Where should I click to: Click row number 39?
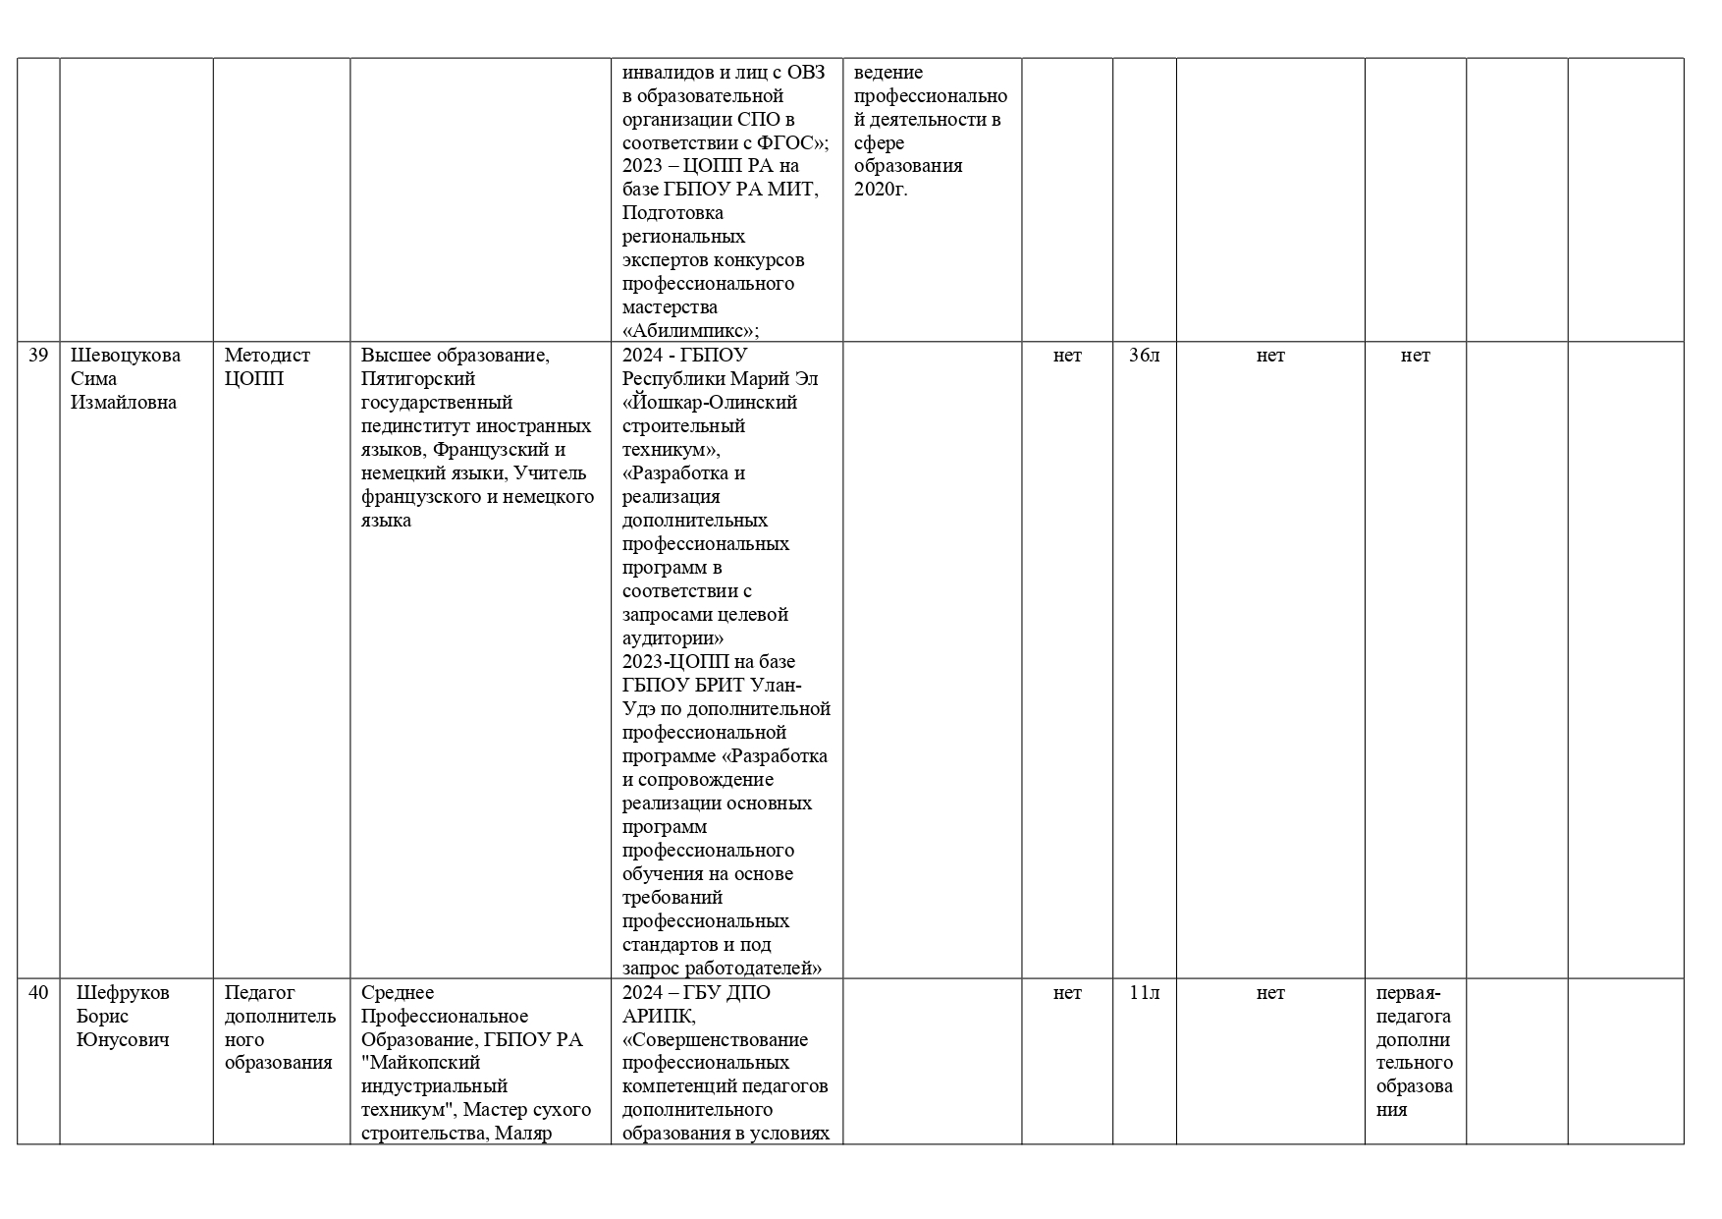click(38, 356)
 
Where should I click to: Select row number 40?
click(38, 993)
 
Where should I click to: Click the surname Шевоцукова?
click(126, 356)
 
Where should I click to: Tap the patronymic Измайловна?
click(124, 403)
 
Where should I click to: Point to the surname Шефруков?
click(123, 993)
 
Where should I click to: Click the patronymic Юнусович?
click(123, 1040)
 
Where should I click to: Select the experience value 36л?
click(1144, 356)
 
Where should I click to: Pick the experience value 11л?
click(1144, 993)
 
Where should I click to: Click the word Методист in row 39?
click(267, 356)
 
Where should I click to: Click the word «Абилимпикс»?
click(689, 331)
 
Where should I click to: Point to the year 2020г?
click(881, 190)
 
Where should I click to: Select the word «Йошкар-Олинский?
click(710, 403)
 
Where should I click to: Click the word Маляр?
click(524, 1134)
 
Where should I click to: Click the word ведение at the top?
click(888, 73)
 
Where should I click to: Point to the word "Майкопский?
click(420, 1063)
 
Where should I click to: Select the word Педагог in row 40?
click(259, 993)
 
